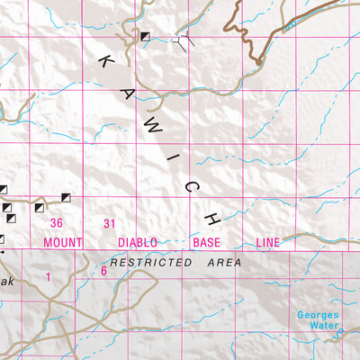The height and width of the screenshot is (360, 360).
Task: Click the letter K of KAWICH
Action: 107,62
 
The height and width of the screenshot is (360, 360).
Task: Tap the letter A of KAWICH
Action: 128,91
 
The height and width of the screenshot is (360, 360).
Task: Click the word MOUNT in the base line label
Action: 63,243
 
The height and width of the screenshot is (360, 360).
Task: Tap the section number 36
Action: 57,224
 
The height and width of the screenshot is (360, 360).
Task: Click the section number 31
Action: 110,224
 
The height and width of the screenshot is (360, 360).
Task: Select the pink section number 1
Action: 49,278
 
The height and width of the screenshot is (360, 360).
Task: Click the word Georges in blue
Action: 319,315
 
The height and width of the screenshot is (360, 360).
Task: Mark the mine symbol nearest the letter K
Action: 144,36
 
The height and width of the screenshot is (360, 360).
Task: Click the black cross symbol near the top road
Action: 186,39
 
